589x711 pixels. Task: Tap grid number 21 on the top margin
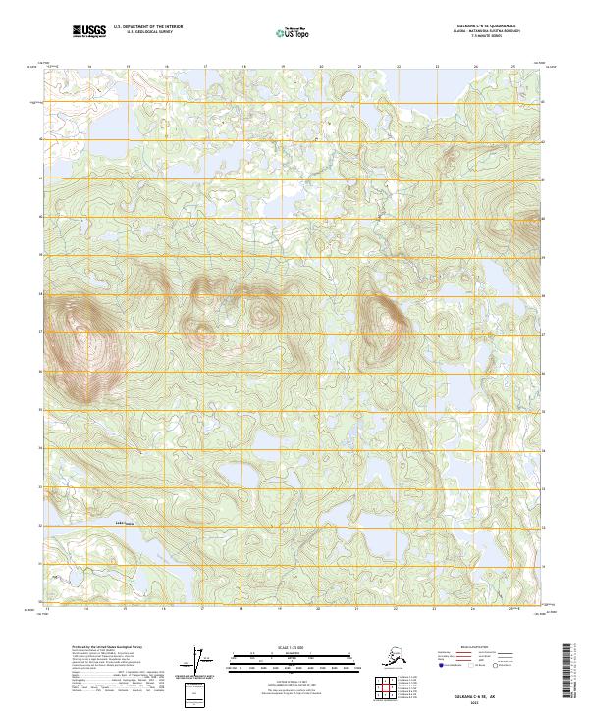pyautogui.click(x=359, y=67)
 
